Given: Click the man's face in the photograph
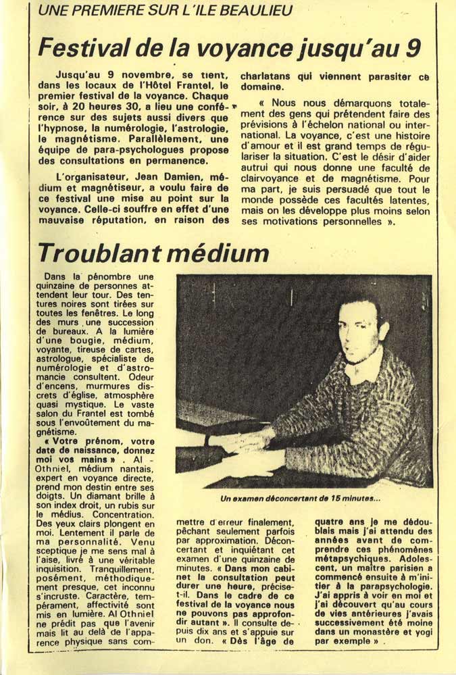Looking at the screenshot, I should [360, 333].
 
